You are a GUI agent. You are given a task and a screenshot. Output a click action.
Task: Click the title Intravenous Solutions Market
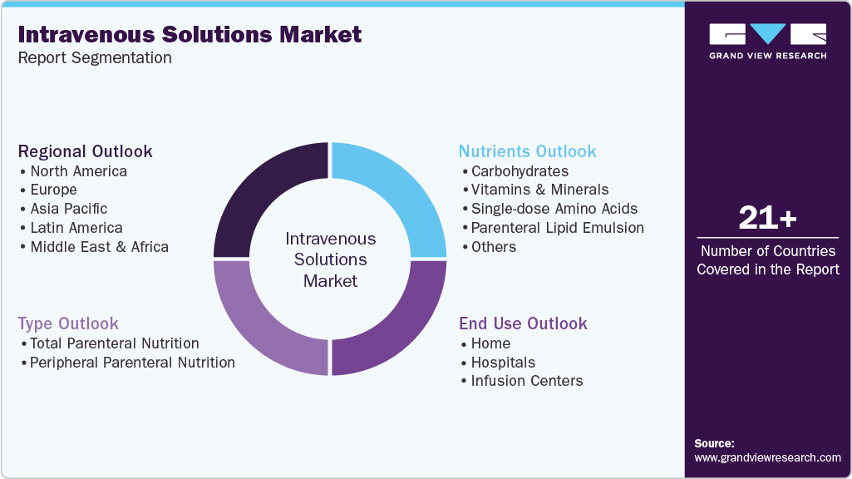(x=190, y=34)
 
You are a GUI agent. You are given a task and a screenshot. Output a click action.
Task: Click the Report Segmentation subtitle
(x=95, y=58)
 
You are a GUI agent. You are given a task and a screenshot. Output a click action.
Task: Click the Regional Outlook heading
(x=86, y=151)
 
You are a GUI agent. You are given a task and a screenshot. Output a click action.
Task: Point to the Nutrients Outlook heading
(x=527, y=151)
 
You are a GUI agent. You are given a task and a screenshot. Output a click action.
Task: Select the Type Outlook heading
(x=68, y=323)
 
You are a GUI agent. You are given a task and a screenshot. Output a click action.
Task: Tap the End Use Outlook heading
(x=523, y=323)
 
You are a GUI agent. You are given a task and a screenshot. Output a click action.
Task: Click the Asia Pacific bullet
(x=68, y=209)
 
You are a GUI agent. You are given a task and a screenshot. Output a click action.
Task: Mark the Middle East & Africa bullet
(x=99, y=247)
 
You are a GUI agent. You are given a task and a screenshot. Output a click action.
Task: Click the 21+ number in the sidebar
(x=767, y=219)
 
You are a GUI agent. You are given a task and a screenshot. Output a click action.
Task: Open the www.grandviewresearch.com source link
(x=767, y=457)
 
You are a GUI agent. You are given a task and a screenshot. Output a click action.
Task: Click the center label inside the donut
(x=330, y=259)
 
